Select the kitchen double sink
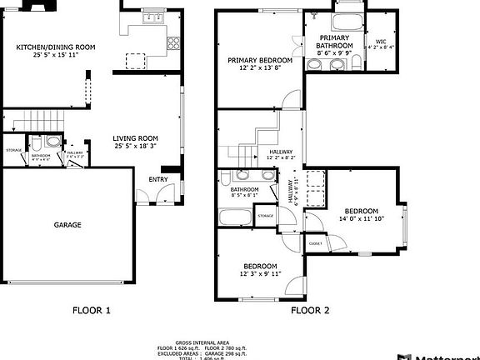pos(152,17)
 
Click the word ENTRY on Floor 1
pos(157,180)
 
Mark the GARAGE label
pos(67,224)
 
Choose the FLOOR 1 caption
pos(92,310)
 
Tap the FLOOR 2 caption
pos(310,310)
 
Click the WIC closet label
pos(381,41)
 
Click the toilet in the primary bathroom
pos(314,16)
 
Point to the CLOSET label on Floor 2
pos(315,243)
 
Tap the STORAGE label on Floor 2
pos(265,216)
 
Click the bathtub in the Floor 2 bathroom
pos(237,217)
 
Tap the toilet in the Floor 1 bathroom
pos(52,142)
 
